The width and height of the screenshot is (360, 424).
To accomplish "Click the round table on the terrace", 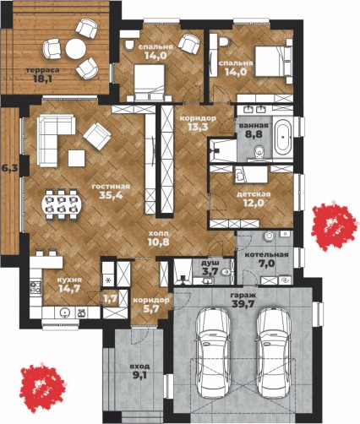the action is click(x=75, y=48).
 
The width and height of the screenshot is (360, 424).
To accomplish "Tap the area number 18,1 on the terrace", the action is click(x=42, y=79).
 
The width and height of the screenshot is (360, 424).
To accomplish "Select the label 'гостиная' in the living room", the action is click(x=111, y=187).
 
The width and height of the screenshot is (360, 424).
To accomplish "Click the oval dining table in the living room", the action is click(x=62, y=204).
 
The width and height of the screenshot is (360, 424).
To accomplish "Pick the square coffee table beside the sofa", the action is click(x=76, y=158).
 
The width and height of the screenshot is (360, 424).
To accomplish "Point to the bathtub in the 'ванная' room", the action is click(x=284, y=138).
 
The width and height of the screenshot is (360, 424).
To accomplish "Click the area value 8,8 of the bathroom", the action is click(x=254, y=133).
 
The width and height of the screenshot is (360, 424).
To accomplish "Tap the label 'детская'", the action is click(x=254, y=194).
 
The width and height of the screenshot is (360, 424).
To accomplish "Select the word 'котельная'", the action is click(x=266, y=255).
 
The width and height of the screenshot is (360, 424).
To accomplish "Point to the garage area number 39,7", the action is click(x=243, y=303).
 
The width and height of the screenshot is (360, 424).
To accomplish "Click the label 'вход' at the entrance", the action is click(x=139, y=367).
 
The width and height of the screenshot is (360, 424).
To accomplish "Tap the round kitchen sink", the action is click(x=65, y=313).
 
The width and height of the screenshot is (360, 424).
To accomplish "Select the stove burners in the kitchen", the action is click(x=35, y=286).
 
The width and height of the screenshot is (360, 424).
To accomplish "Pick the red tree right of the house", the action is click(x=334, y=226).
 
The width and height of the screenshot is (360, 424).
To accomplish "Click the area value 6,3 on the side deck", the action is click(x=9, y=168).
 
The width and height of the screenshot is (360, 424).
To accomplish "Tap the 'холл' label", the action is click(x=159, y=233).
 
